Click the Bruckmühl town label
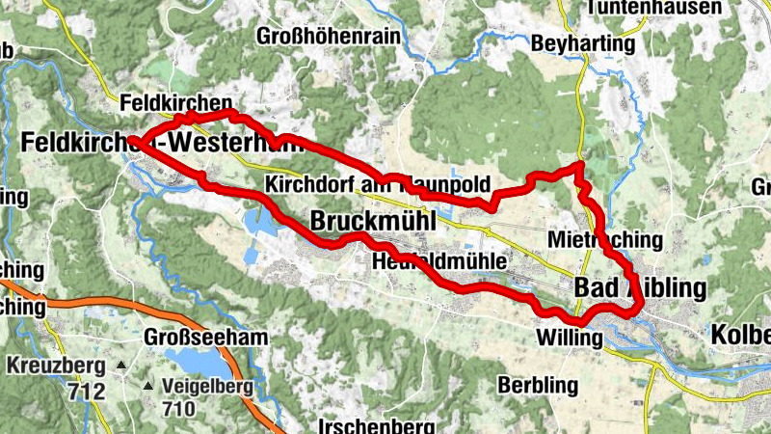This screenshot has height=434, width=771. (x=373, y=222)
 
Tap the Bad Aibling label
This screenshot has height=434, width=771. (x=640, y=287)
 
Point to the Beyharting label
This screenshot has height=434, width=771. (x=584, y=43)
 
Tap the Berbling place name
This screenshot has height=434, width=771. (x=539, y=385)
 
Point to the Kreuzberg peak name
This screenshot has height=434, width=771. (x=54, y=366)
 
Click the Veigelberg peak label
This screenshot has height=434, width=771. (x=207, y=388)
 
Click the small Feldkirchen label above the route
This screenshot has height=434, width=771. (x=177, y=102)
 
